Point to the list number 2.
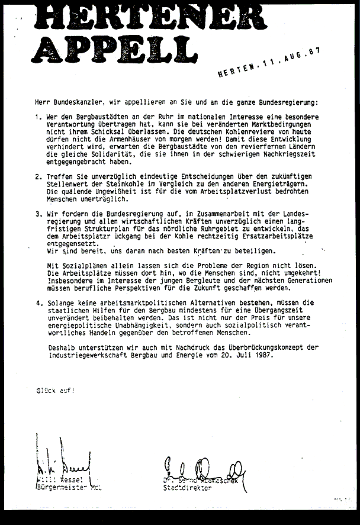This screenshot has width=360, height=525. pyautogui.click(x=38, y=176)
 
